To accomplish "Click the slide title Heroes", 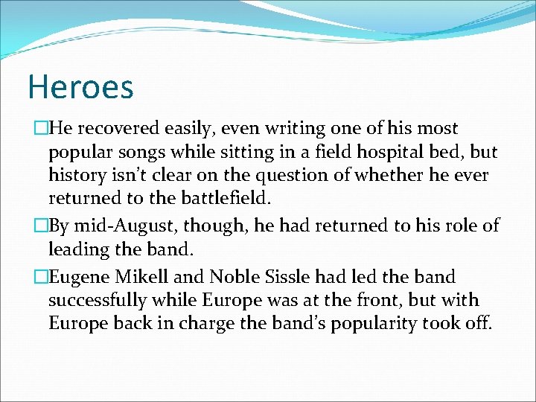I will (80, 87).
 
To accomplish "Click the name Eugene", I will (81, 278).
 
